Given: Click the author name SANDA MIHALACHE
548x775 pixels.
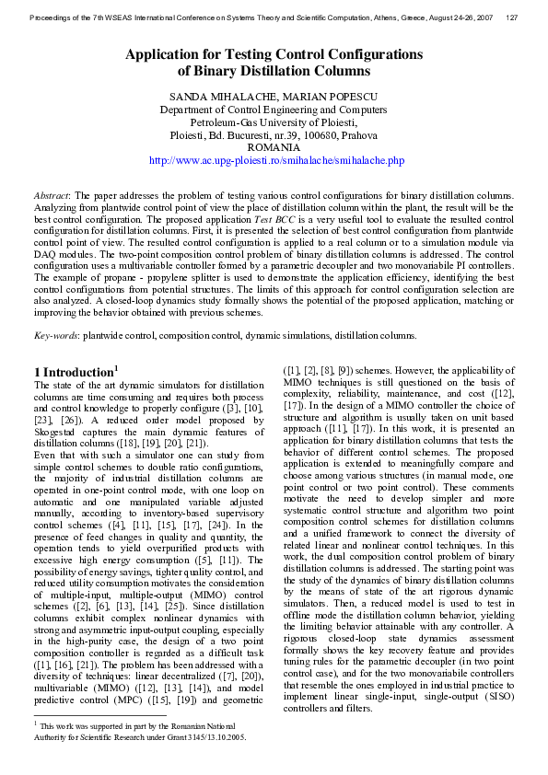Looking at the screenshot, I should [x=211, y=97].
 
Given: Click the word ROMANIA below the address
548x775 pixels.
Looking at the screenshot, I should [x=274, y=147].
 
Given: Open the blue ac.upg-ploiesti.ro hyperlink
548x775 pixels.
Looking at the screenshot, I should [x=276, y=160].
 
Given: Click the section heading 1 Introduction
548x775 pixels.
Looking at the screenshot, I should [x=74, y=371].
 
